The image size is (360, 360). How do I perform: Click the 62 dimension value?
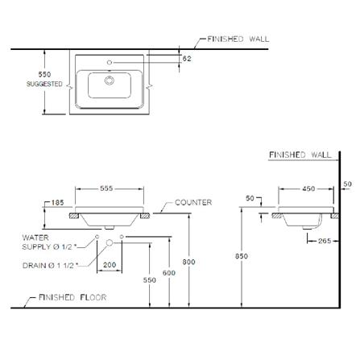point(187,59)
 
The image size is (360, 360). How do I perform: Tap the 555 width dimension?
point(106,188)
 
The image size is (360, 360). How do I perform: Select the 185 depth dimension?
point(57,202)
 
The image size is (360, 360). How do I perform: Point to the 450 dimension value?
point(308,188)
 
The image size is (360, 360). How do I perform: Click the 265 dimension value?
point(325,241)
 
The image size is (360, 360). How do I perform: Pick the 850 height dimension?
point(242,256)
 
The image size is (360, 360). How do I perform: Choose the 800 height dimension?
point(188,262)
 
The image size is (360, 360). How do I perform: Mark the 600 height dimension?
point(169,273)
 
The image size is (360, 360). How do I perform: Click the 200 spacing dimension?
point(110,265)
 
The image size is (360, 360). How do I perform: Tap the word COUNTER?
point(193,202)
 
